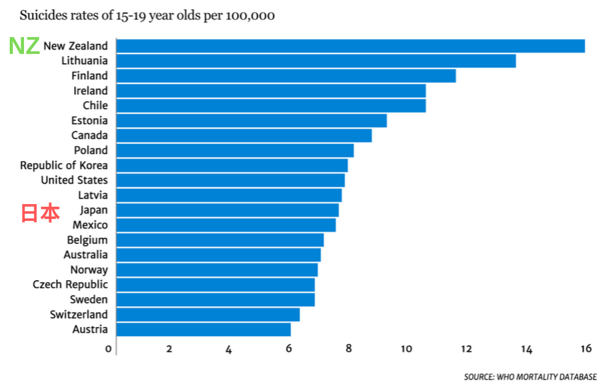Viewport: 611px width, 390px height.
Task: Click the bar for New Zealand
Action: tap(351, 46)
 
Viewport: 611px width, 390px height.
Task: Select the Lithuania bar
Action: tap(316, 61)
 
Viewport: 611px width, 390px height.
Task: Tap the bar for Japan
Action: tap(227, 211)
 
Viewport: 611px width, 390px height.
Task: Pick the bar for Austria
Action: tap(203, 330)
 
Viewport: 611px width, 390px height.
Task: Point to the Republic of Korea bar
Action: tap(232, 166)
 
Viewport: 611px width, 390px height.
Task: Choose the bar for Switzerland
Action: tap(208, 315)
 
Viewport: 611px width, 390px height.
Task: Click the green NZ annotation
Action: tap(24, 45)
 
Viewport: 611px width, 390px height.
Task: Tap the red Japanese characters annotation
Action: tap(40, 213)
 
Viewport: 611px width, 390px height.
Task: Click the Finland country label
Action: tap(89, 75)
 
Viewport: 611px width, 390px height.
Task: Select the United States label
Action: tap(74, 180)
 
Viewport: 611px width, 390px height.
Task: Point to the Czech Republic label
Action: tap(70, 285)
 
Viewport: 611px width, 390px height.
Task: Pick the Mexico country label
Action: tap(90, 225)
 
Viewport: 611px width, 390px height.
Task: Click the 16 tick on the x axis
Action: tap(586, 348)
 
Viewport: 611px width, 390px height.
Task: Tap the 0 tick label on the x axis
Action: tap(109, 348)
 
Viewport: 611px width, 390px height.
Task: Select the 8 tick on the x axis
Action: tap(348, 348)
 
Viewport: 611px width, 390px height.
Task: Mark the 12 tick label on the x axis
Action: tap(466, 348)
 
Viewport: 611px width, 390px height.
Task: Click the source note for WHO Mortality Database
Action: tap(530, 377)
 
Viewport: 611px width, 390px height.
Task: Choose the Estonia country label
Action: tap(89, 120)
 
